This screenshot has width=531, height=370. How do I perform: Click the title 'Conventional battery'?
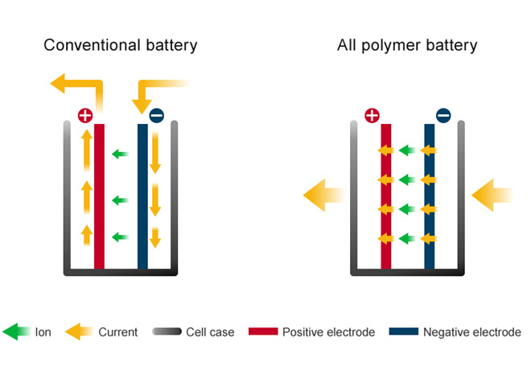click(x=120, y=45)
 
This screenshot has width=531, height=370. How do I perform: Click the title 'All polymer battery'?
click(x=406, y=45)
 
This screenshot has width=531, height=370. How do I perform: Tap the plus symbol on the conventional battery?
click(x=85, y=115)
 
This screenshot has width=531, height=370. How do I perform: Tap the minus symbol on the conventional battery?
click(x=156, y=115)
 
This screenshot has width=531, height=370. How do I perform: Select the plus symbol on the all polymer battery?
click(x=372, y=115)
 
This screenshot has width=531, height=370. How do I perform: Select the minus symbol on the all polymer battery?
click(x=443, y=115)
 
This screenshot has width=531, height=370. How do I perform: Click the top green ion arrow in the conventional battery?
click(x=120, y=154)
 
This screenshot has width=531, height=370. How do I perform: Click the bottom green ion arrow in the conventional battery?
click(x=120, y=236)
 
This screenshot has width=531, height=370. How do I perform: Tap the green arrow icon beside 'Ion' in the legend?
click(x=16, y=332)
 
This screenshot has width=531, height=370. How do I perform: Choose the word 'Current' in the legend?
click(x=117, y=332)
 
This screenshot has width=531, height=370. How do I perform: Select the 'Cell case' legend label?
click(x=210, y=332)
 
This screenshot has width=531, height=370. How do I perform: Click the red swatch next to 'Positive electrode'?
click(x=263, y=332)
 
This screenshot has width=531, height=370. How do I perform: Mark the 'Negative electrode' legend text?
click(x=471, y=332)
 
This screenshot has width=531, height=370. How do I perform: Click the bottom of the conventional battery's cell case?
click(x=121, y=272)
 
